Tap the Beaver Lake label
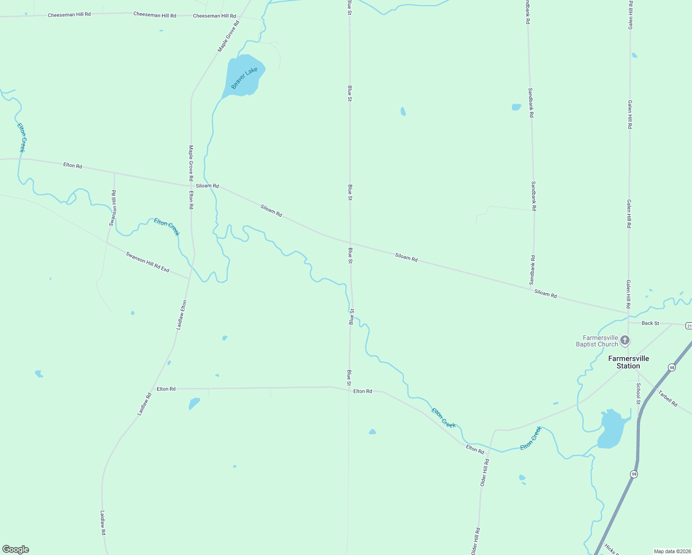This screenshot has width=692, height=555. tap(244, 78)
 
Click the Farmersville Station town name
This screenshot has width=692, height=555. tap(628, 362)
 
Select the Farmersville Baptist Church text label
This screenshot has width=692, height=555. tap(597, 341)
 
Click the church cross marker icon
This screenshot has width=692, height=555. tap(625, 341)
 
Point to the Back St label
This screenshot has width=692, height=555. tap(650, 323)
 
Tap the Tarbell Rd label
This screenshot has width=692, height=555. tap(667, 399)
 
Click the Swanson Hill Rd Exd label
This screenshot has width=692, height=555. tap(148, 262)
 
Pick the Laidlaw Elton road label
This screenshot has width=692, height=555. tap(181, 315)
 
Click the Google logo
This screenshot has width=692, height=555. tap(16, 549)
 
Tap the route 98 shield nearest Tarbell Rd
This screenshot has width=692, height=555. tap(672, 367)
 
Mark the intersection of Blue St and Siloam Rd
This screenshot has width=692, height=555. tap(350, 243)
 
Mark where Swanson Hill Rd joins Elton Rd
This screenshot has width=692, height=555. tap(114, 173)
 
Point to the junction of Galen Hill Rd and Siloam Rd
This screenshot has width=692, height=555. tap(628, 313)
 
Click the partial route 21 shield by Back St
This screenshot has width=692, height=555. tap(689, 326)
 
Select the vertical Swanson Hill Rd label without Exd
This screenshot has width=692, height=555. tap(113, 208)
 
